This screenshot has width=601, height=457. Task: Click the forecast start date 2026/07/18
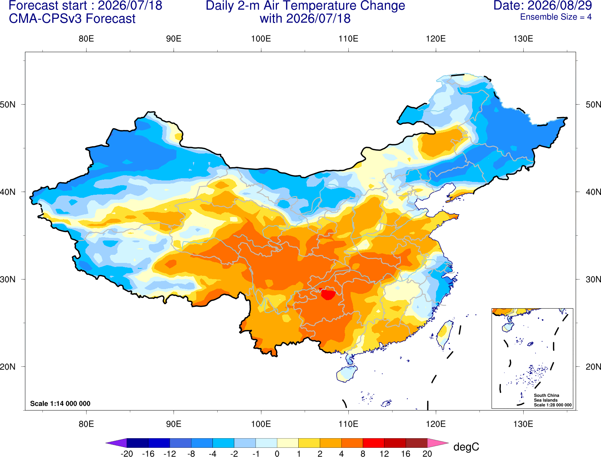130,6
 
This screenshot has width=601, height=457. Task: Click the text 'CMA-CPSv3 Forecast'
72,19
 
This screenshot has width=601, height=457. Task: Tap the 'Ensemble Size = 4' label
556,17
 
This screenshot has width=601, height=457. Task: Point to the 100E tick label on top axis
261,39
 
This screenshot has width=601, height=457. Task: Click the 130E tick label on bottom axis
523,424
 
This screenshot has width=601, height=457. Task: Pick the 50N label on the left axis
8,104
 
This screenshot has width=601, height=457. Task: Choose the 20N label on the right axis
593,367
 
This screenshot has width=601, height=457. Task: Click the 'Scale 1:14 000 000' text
60,403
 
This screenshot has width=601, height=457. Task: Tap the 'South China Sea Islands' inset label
546,398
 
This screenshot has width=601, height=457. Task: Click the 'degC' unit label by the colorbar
466,447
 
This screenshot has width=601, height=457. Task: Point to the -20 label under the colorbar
127,454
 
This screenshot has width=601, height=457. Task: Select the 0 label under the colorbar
277,454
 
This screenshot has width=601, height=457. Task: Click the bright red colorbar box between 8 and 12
373,443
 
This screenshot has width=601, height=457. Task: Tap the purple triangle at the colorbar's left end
116,443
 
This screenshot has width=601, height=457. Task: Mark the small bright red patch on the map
328,294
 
